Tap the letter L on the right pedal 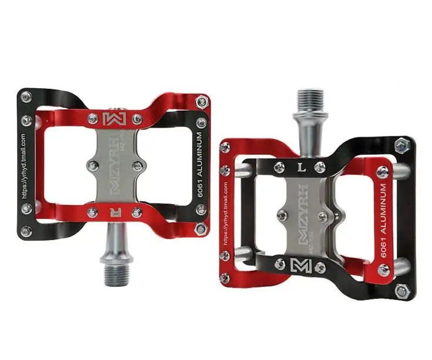click(300, 166)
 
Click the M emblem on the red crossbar click(111, 118)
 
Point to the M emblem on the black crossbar click(300, 266)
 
